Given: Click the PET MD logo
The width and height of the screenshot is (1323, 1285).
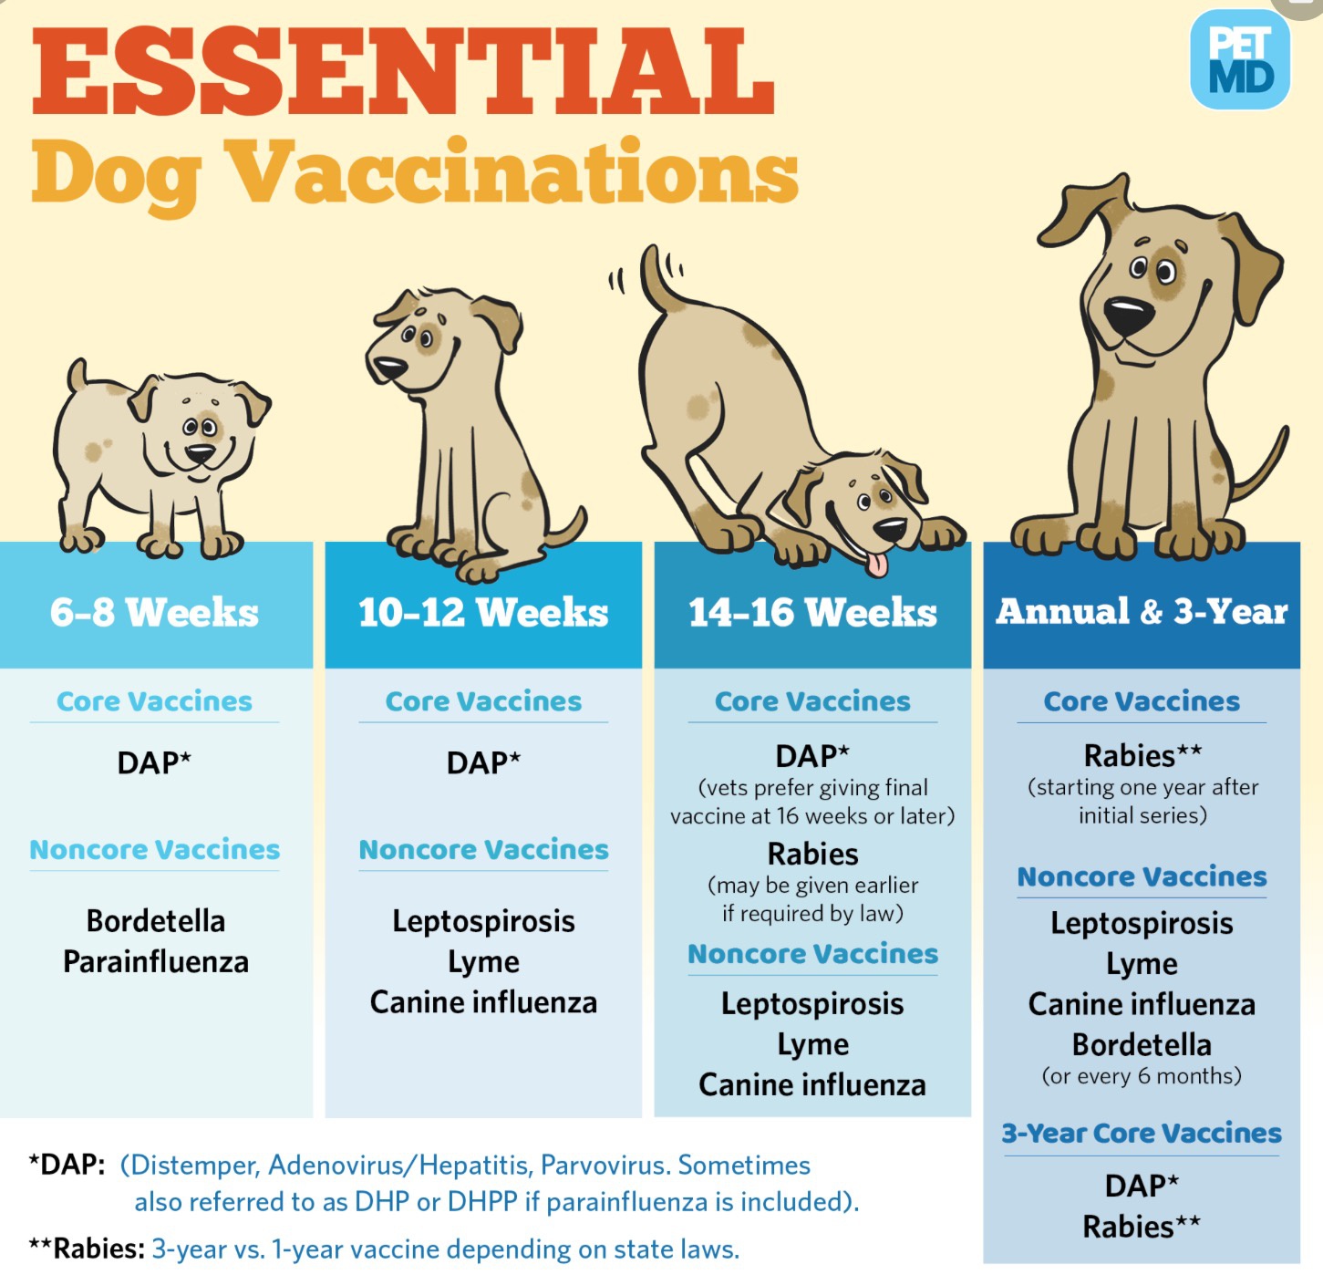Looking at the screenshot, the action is (1239, 60).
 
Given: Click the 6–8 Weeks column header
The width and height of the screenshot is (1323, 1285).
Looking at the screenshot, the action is (154, 612).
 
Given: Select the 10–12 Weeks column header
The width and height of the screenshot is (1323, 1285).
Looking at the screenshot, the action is (483, 612).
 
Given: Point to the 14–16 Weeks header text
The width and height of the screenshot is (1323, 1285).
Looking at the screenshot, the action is (812, 612).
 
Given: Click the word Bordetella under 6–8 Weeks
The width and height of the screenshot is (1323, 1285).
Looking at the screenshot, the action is (156, 921).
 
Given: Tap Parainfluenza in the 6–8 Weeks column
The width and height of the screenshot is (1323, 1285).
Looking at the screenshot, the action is (156, 962).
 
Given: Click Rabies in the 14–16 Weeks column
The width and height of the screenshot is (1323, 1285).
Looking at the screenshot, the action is (812, 854).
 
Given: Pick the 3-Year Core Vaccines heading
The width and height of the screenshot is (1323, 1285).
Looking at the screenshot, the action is (1142, 1134).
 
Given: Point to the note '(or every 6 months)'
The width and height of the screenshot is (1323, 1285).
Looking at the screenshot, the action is (1142, 1076).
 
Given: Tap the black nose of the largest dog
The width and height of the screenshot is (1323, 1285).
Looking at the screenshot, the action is (1127, 314).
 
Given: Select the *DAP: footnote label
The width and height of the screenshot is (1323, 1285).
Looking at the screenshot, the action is (67, 1165).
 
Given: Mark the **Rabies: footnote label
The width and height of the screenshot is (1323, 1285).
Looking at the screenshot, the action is (87, 1249).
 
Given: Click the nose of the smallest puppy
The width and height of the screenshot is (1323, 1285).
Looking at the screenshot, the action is (200, 452).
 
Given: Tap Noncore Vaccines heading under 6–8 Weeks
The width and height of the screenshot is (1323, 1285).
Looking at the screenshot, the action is (154, 850).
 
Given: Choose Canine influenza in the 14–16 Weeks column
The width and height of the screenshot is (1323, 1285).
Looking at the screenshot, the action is (812, 1085).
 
